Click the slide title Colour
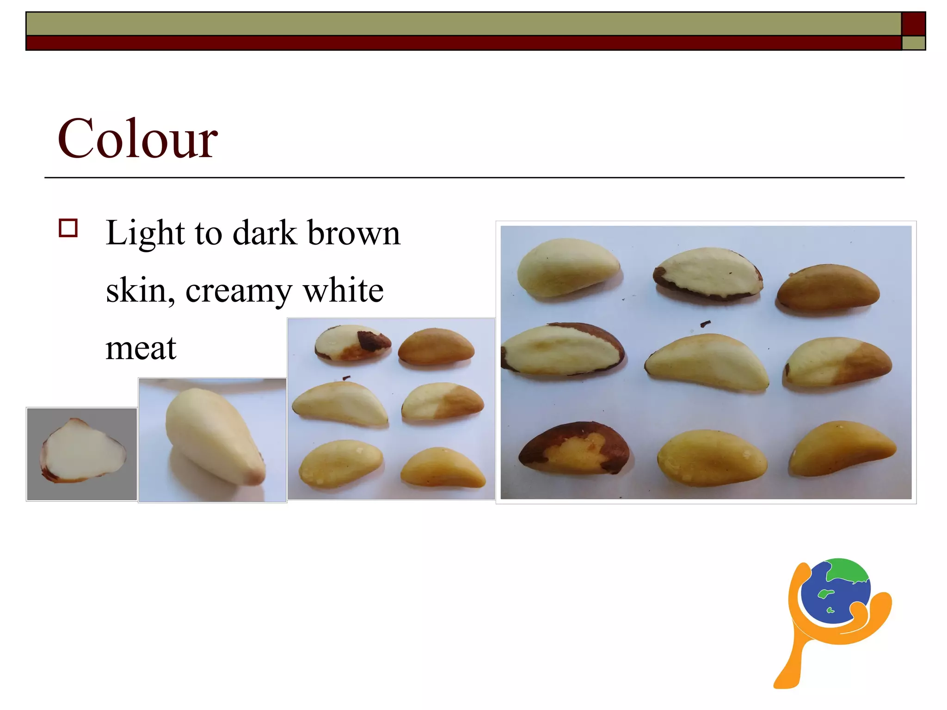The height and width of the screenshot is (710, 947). [137, 138]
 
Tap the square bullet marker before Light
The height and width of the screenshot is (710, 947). [68, 228]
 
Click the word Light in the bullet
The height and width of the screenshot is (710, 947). [145, 233]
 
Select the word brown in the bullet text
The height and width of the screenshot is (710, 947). [354, 233]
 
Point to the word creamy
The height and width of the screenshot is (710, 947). [239, 291]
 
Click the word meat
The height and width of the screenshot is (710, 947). [141, 348]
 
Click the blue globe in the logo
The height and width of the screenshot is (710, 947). [835, 592]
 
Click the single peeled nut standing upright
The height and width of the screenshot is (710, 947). [215, 437]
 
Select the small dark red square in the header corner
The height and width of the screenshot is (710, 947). [913, 24]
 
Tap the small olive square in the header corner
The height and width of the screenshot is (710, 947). [913, 43]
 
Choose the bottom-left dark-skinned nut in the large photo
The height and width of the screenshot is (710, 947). [573, 447]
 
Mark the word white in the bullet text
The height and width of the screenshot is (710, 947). [343, 291]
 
